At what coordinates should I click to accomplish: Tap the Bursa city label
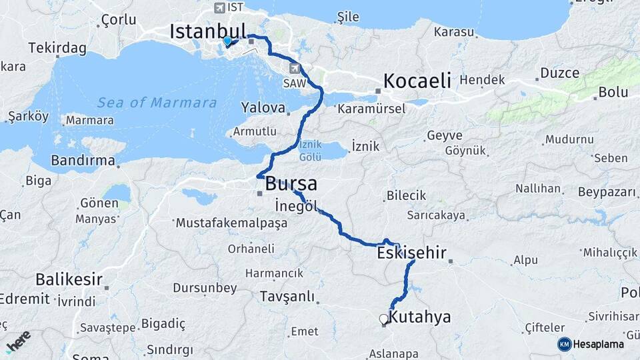point(291,184)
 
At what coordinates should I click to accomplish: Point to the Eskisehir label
point(411,253)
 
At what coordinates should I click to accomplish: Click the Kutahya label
point(419,317)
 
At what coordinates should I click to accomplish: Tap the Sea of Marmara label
point(157,103)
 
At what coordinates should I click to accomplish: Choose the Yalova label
point(263,107)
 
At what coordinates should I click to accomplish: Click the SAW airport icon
point(295,68)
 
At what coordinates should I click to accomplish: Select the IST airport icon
point(219,8)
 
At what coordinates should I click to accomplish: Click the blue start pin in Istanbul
point(227,41)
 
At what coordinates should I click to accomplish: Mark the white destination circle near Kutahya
point(383,319)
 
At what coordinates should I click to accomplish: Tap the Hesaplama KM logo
point(591,344)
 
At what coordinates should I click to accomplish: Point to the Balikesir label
point(69,278)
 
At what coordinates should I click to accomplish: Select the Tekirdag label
point(57,48)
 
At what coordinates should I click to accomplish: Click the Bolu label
point(613,92)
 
